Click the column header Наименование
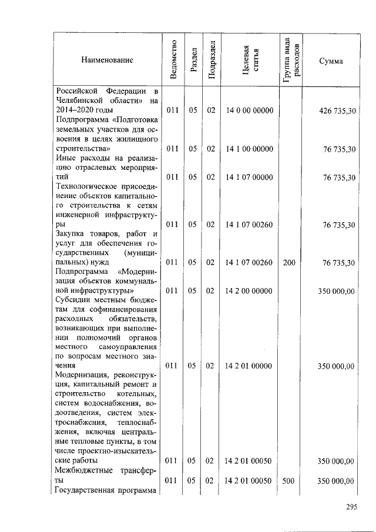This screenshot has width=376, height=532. (108, 60)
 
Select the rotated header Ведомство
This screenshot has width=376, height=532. (172, 60)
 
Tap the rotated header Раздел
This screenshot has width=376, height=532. (193, 60)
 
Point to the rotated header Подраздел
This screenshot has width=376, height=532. (211, 60)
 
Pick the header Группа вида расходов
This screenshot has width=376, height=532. (290, 60)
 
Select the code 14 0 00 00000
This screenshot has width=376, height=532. (249, 111)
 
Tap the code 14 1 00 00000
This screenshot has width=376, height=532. (249, 149)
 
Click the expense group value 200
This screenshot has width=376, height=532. (289, 263)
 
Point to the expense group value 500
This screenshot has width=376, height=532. (289, 480)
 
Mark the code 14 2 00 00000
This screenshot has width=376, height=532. (249, 290)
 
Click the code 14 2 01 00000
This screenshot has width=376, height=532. (249, 366)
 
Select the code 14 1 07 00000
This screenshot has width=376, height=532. (249, 177)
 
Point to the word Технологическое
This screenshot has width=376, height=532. (84, 187)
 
